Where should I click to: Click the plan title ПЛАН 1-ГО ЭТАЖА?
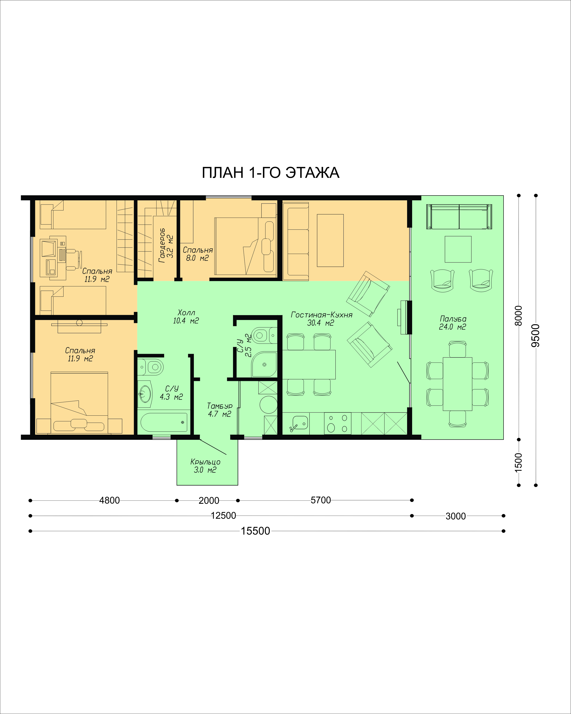[x=271, y=173]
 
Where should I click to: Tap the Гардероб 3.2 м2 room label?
[x=166, y=245]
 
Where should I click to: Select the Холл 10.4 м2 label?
[x=186, y=317]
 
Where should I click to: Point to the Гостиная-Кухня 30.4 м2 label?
[x=321, y=319]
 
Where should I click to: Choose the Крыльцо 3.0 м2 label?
[x=205, y=466]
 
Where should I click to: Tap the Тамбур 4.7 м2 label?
[x=219, y=410]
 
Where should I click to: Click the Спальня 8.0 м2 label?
[x=198, y=254]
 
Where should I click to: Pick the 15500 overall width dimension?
[x=256, y=531]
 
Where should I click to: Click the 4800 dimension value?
[x=109, y=500]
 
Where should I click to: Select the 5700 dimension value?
[x=320, y=500]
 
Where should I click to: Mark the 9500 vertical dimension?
[x=536, y=335]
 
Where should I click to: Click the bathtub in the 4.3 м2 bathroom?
[x=164, y=422]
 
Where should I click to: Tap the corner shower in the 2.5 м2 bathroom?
[x=264, y=364]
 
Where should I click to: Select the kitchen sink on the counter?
[x=300, y=423]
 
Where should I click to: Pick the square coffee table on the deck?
[x=458, y=249]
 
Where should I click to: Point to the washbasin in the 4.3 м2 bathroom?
[x=145, y=394]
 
